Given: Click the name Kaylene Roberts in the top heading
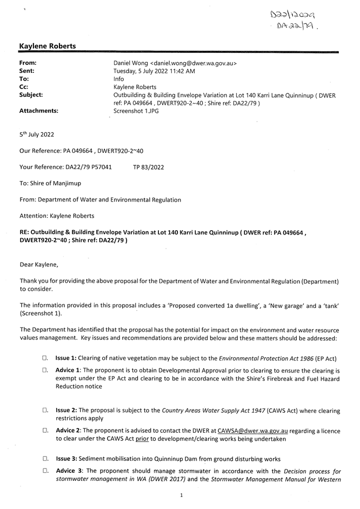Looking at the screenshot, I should [48, 47].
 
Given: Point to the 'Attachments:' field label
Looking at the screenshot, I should [39, 110].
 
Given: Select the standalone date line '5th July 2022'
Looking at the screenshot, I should [37, 135].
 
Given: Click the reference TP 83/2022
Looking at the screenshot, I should [148, 167].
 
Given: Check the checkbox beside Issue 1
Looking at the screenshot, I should [45, 358].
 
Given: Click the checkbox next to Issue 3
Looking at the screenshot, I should [45, 459].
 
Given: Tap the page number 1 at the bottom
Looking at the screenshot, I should [181, 494].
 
